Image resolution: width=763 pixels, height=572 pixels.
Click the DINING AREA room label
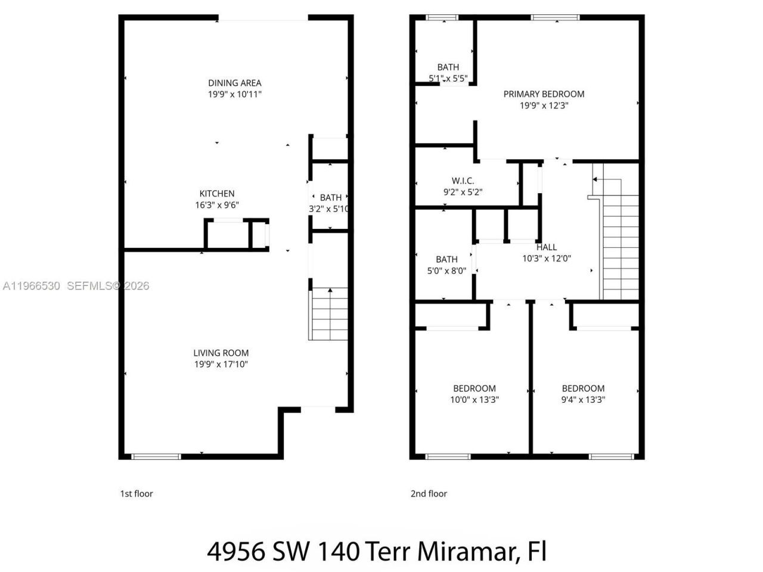coord(234,83)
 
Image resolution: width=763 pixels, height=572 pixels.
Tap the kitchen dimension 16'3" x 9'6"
coord(216,205)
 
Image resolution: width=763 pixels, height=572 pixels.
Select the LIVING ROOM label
coord(221,353)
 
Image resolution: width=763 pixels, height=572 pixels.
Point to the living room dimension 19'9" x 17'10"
coord(221,364)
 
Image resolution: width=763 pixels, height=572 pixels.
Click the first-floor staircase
coord(328,313)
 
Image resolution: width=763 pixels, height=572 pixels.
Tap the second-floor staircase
coord(621,238)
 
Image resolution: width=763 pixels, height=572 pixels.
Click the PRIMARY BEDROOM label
coord(544,94)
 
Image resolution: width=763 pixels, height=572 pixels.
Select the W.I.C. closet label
coord(463,181)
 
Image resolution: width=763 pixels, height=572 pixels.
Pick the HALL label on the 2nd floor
coord(546,247)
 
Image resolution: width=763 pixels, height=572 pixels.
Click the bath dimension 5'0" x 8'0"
coord(446,271)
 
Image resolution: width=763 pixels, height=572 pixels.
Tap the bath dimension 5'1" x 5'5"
coord(448,78)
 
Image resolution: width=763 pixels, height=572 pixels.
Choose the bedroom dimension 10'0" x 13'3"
coord(474,400)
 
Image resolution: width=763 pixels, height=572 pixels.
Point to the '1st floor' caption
coord(137,493)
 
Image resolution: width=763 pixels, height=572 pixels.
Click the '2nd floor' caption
coord(428,493)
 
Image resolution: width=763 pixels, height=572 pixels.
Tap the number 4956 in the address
coord(236,551)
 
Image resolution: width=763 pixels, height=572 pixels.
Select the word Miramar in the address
coord(467,551)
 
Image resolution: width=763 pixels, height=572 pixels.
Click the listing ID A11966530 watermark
coord(31,286)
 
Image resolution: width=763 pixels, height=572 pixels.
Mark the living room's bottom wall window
coord(156,456)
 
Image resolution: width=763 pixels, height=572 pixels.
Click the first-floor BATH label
coord(331,197)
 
